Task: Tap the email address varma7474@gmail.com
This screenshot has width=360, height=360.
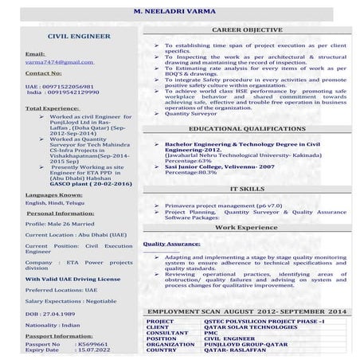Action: [x=54, y=61]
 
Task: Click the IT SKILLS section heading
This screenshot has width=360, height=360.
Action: [x=246, y=189]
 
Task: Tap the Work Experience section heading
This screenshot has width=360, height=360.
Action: [x=246, y=228]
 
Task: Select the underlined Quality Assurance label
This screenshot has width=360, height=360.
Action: [x=171, y=245]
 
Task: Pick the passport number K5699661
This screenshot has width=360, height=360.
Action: [x=93, y=342]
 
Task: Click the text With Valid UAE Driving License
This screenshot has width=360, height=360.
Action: [x=72, y=280]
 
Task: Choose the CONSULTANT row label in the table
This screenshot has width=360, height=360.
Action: [x=166, y=334]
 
